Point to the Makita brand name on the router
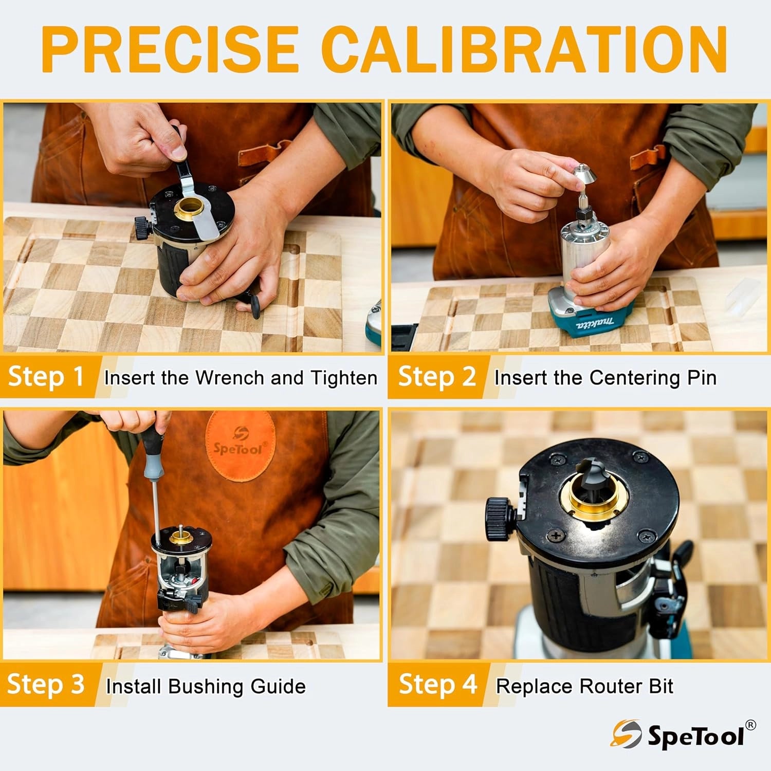[595, 324]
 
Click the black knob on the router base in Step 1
[142, 227]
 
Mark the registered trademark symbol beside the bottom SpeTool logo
[750, 725]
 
